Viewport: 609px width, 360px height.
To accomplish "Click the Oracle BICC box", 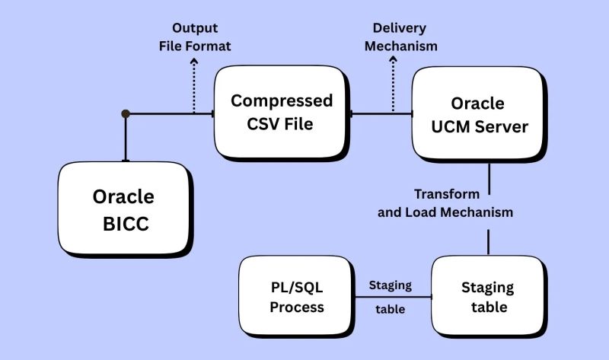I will pos(123,209).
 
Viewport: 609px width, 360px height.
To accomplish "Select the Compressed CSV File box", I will pos(282,112).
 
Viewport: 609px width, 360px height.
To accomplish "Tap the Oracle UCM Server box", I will pos(479,114).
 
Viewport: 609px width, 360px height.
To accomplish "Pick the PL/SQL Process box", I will pos(296,297).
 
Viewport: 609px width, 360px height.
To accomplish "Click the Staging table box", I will pos(487,298).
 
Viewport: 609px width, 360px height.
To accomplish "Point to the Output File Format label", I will pos(195,37).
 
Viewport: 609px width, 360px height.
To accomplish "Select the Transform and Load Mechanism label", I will pos(445,203).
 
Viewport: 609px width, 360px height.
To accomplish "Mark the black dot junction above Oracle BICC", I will pos(126,113).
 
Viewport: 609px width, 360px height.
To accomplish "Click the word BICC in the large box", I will pos(123,224).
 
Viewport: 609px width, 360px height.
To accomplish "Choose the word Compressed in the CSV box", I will pos(282,100).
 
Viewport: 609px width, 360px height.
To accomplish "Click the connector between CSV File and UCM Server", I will pos(381,113).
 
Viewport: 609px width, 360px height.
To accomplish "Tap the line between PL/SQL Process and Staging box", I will pos(393,298).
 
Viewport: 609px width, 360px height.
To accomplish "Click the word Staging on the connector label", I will pos(390,285).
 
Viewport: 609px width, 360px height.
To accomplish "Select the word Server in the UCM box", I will pos(502,126).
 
